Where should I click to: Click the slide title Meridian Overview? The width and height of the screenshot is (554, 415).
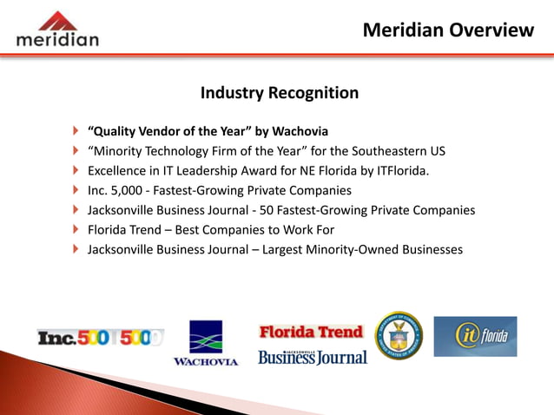point(448,30)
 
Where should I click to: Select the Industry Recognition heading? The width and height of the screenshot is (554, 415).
point(280,93)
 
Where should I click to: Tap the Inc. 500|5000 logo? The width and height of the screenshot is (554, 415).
point(100,337)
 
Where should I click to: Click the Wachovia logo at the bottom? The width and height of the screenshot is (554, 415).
point(206,343)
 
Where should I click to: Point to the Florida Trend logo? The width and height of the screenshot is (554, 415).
point(311,332)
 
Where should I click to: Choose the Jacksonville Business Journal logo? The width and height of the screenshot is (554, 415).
point(313,356)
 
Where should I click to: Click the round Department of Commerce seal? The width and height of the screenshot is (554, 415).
point(399,336)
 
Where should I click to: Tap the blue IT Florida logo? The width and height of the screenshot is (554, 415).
point(475,336)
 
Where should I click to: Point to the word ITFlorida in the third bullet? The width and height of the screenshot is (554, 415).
point(399,171)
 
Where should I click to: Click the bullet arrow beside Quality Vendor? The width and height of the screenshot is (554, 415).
point(75,132)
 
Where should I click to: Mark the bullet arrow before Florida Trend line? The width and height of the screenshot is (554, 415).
point(75,230)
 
